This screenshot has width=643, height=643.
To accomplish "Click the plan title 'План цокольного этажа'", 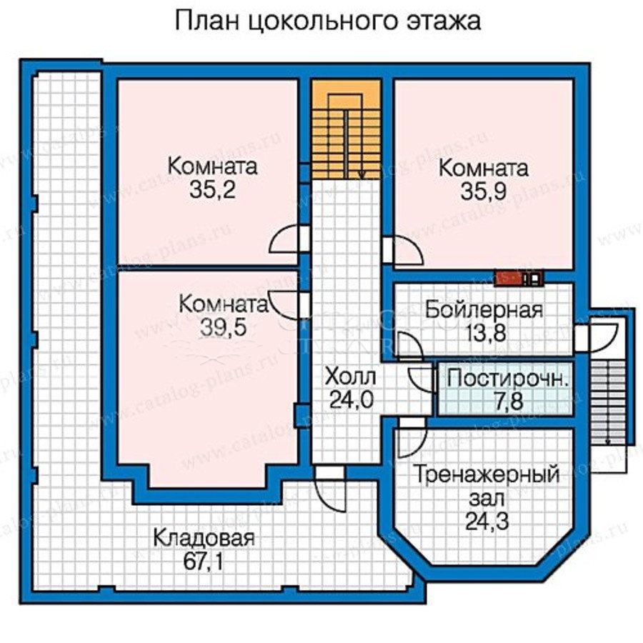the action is [328, 21].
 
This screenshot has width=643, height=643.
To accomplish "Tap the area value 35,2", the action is [212, 190].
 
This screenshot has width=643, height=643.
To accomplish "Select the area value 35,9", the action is [484, 191].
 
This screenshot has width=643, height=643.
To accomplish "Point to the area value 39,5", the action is [224, 328].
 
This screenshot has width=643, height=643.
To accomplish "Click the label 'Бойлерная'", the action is [484, 311].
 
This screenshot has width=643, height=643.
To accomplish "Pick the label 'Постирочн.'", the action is [508, 379].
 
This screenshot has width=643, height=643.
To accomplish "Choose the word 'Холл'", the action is [350, 377].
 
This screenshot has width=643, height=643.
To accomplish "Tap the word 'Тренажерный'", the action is [487, 475].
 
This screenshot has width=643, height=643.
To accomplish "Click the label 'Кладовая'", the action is [204, 538].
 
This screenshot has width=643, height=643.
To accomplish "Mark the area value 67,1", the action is [204, 562].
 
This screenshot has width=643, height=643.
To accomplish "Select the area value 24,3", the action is [487, 522].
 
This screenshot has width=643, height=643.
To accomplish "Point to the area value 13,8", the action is [486, 334].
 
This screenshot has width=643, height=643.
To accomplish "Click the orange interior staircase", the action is [346, 129].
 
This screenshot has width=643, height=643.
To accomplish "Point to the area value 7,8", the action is [508, 401].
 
